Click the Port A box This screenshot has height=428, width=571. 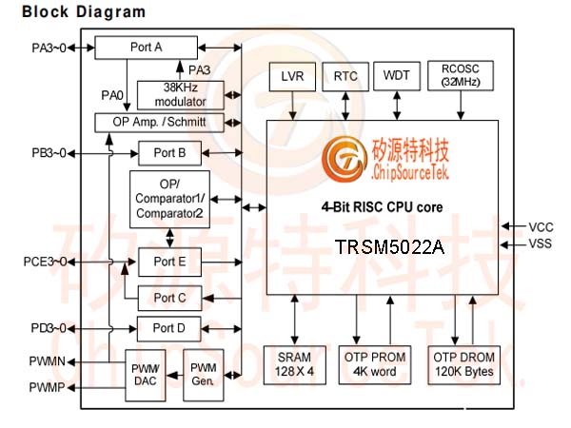click(146, 48)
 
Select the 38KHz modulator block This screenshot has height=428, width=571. click(181, 95)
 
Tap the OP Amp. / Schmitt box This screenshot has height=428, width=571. click(159, 123)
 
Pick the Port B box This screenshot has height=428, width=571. click(169, 153)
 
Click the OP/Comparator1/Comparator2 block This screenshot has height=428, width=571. click(169, 199)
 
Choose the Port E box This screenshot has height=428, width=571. click(169, 262)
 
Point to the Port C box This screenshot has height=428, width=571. click(169, 298)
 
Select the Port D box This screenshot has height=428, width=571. click(169, 329)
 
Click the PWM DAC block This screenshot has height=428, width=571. click(146, 376)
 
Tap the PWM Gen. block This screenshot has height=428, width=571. click(204, 375)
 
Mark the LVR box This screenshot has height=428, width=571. click(292, 76)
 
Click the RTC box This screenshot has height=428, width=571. click(345, 76)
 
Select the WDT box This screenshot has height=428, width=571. click(397, 76)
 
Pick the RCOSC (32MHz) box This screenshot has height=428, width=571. click(461, 75)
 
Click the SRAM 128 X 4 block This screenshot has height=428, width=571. click(295, 364)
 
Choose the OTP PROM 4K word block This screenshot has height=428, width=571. click(375, 364)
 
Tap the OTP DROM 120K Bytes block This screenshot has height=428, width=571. click(464, 364)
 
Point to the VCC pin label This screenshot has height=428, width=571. click(541, 227)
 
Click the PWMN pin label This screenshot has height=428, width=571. click(48, 361)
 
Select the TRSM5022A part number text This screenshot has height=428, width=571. click(389, 247)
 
